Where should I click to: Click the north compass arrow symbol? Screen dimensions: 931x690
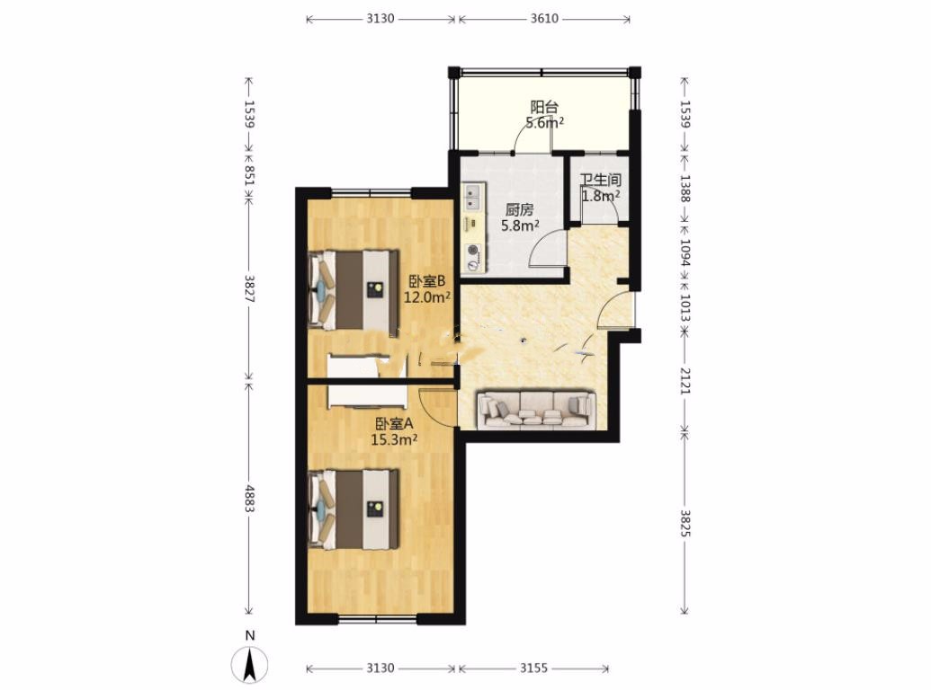(250, 664)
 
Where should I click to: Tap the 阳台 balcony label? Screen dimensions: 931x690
(544, 107)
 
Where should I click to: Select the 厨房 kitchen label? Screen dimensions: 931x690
(520, 210)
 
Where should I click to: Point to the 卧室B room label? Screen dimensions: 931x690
(427, 281)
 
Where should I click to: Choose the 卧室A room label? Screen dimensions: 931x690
(394, 424)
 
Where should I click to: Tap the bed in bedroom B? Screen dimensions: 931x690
(354, 288)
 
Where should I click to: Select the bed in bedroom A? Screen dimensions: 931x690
(354, 509)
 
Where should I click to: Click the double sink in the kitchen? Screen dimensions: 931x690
(473, 198)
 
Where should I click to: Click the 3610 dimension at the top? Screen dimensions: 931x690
(544, 18)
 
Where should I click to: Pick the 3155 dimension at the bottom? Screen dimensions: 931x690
(533, 668)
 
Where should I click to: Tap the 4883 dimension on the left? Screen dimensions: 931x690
(250, 499)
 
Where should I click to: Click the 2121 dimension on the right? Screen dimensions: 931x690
(685, 381)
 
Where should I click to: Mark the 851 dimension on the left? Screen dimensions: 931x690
(250, 174)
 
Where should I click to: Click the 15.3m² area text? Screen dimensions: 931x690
(394, 439)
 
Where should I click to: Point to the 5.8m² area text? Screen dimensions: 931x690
(520, 226)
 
